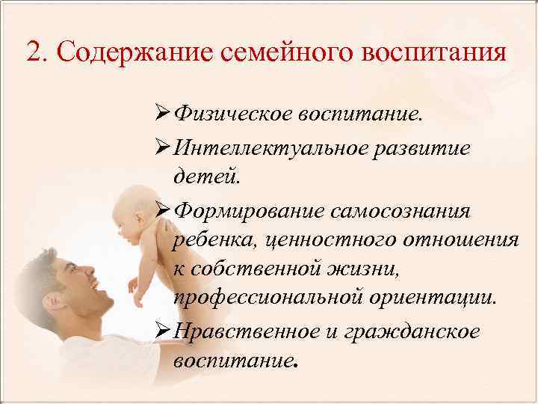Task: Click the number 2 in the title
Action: coord(33,53)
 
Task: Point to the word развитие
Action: coord(425,148)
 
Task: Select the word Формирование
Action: coord(246,211)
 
